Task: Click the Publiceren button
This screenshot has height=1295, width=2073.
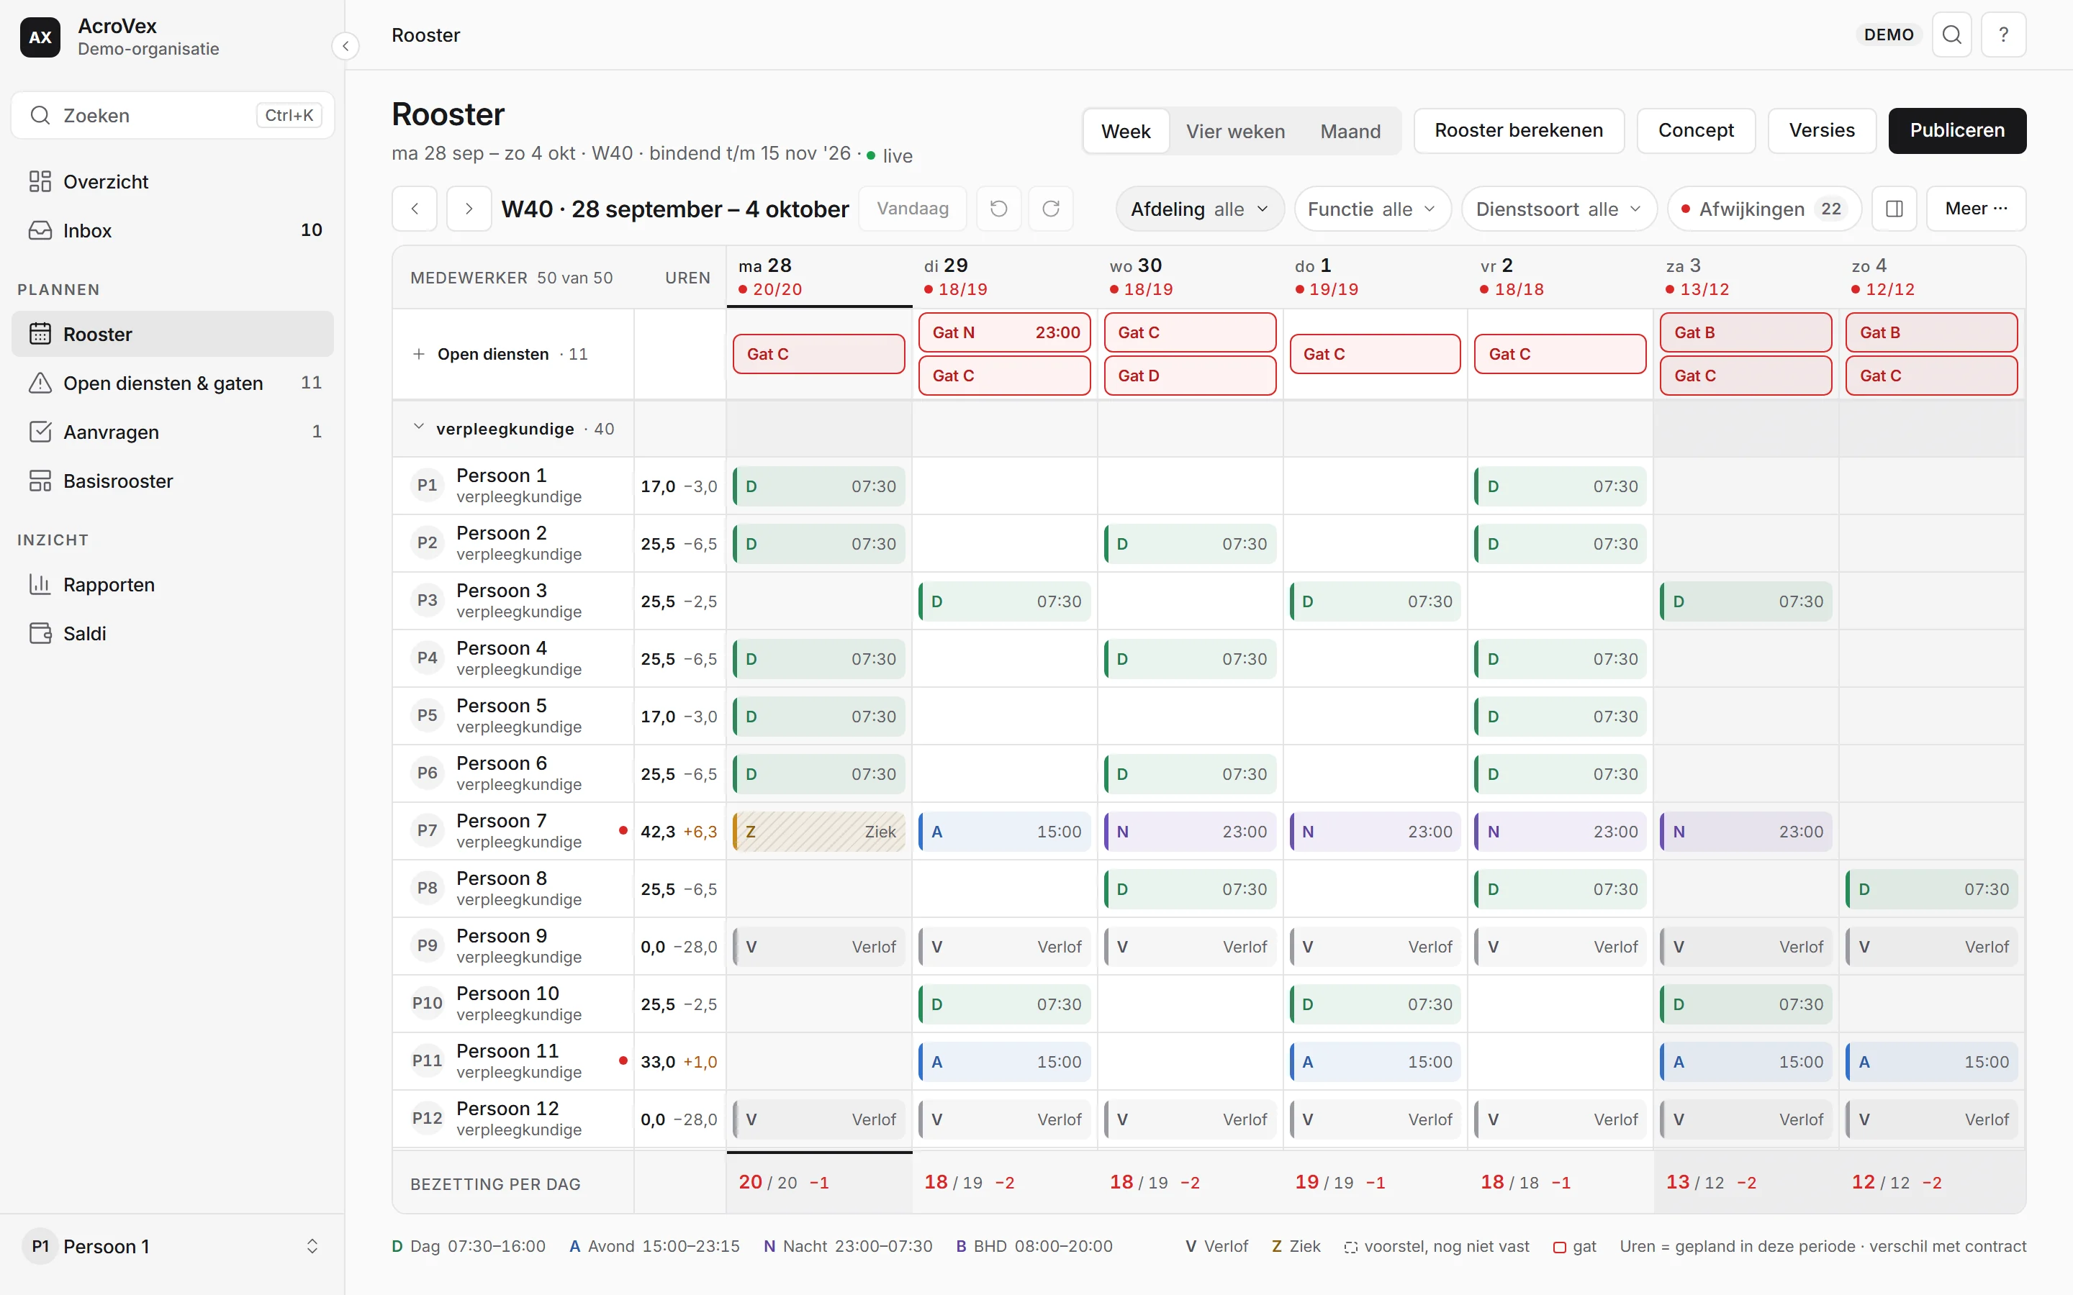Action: click(x=1956, y=130)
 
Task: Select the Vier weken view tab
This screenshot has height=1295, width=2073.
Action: click(x=1234, y=131)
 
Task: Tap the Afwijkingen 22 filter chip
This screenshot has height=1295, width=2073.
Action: click(x=1763, y=209)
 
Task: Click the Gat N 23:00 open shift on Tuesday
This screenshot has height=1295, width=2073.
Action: click(x=1004, y=332)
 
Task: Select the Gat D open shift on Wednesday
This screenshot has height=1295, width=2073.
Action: click(x=1190, y=375)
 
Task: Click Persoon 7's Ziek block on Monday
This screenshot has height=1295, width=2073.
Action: click(x=819, y=832)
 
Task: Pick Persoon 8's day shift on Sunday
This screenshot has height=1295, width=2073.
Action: click(x=1932, y=889)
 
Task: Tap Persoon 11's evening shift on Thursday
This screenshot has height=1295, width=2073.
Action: click(x=1375, y=1062)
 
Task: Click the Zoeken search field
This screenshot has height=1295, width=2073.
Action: click(x=172, y=115)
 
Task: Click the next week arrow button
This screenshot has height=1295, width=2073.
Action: click(x=469, y=209)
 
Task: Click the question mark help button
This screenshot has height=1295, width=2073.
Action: click(x=2002, y=35)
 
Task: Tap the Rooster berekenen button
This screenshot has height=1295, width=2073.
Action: click(x=1519, y=130)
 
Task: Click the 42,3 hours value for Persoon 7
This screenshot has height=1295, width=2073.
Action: click(x=658, y=832)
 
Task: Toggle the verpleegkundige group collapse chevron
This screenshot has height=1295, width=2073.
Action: click(x=418, y=427)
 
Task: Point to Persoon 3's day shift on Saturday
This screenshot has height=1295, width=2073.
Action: click(x=1745, y=601)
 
